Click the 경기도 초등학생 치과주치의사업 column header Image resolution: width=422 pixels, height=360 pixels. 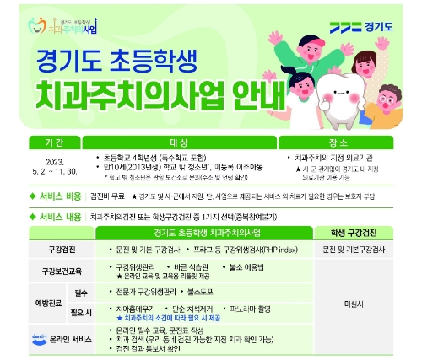[203, 233]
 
